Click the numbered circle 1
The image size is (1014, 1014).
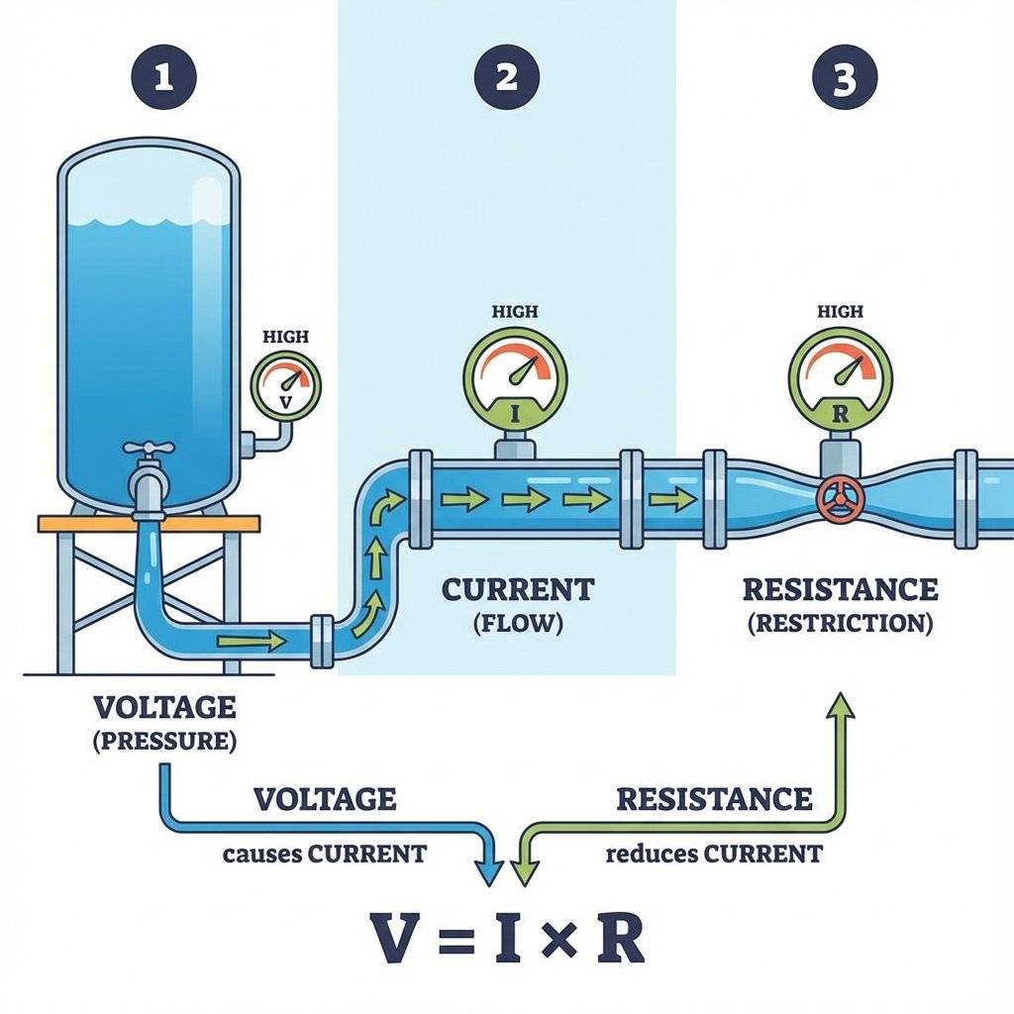(162, 78)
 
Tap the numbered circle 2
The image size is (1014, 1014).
(506, 78)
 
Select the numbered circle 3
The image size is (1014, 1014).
(844, 78)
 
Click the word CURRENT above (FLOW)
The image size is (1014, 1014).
(518, 590)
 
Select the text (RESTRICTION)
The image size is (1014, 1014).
(840, 624)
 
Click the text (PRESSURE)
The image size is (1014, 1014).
(165, 742)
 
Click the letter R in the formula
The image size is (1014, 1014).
(620, 938)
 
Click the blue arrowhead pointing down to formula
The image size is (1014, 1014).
(488, 870)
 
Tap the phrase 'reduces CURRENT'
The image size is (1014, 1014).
(713, 854)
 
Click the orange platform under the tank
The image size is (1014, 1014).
(149, 523)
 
